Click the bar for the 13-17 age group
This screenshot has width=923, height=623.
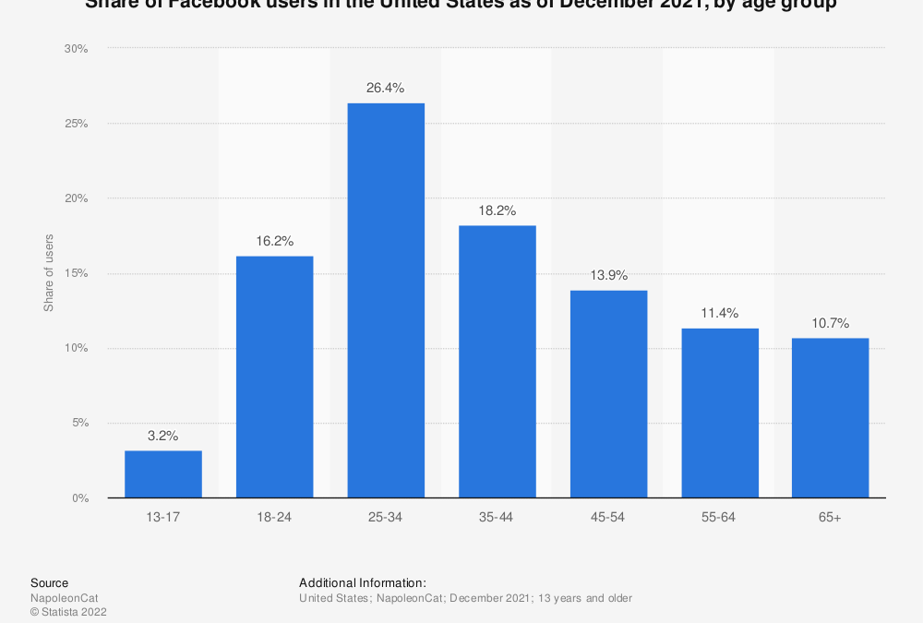pyautogui.click(x=163, y=473)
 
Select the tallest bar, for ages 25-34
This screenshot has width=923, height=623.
pyautogui.click(x=386, y=300)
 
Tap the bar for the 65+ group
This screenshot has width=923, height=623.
pyautogui.click(x=831, y=417)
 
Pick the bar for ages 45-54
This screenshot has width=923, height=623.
pyautogui.click(x=608, y=394)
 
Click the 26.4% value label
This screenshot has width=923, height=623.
pyautogui.click(x=386, y=89)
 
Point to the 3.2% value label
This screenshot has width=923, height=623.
pyautogui.click(x=163, y=436)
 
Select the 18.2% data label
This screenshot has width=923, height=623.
pyautogui.click(x=497, y=210)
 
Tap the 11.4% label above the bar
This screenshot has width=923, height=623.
pyautogui.click(x=720, y=314)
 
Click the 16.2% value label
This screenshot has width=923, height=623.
pyautogui.click(x=274, y=241)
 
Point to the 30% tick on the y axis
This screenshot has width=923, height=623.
pyautogui.click(x=77, y=48)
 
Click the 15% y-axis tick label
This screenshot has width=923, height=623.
pyautogui.click(x=77, y=273)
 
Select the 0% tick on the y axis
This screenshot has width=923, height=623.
pyautogui.click(x=79, y=498)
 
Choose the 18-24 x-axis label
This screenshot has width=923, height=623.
pyautogui.click(x=274, y=517)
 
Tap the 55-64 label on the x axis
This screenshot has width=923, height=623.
pyautogui.click(x=720, y=517)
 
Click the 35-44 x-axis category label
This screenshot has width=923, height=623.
pyautogui.click(x=497, y=517)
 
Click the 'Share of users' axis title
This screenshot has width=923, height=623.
pyautogui.click(x=48, y=273)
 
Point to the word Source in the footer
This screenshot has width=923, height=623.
pyautogui.click(x=49, y=582)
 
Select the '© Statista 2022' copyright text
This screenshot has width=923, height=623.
pyautogui.click(x=68, y=611)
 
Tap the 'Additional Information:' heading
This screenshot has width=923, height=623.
pyautogui.click(x=362, y=582)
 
